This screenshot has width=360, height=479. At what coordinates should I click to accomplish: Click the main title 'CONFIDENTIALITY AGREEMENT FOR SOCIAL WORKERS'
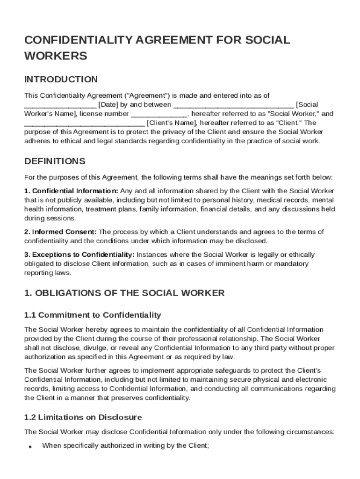click(157, 48)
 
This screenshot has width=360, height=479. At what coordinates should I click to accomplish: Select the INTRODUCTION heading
click(61, 79)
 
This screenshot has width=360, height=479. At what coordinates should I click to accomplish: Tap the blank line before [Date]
click(60, 105)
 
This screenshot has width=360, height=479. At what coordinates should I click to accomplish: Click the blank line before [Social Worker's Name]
click(233, 105)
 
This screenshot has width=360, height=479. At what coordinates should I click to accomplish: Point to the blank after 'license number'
click(158, 114)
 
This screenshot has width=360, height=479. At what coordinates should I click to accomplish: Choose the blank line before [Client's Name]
click(84, 123)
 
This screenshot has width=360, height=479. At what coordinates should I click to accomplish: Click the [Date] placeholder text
click(108, 104)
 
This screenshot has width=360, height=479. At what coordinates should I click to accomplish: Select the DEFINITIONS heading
click(55, 161)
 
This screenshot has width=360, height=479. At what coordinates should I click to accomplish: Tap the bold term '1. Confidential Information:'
click(71, 191)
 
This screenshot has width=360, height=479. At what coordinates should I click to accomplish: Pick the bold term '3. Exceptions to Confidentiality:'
click(79, 255)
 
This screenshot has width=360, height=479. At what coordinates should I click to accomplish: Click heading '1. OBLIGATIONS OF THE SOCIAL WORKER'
click(124, 293)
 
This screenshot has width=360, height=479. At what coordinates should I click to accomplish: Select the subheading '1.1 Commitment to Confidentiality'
click(92, 315)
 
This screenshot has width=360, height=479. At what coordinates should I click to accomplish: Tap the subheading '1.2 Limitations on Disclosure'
click(83, 417)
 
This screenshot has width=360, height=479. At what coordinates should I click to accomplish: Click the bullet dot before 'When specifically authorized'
click(29, 446)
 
